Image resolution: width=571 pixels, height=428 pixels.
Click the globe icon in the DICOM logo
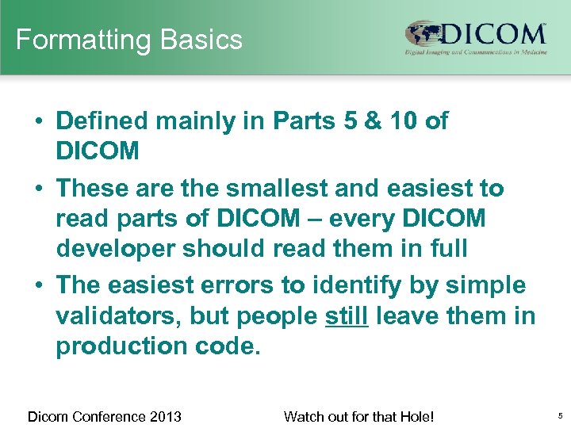(x=423, y=35)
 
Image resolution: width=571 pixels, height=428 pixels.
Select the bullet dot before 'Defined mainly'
(x=38, y=121)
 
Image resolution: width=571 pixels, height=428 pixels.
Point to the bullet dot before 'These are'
(x=38, y=189)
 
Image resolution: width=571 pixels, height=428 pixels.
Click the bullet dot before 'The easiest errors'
(x=38, y=285)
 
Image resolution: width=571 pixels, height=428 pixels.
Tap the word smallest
(x=270, y=189)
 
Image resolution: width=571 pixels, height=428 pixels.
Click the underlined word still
(x=347, y=316)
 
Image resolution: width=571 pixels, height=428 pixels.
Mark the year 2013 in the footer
(x=165, y=416)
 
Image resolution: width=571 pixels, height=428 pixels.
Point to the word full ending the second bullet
(x=442, y=249)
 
